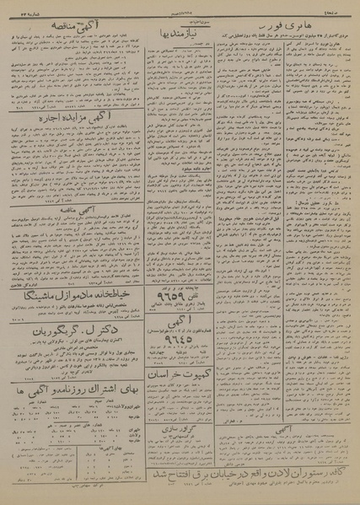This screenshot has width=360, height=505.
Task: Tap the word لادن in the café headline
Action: [256, 475]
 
